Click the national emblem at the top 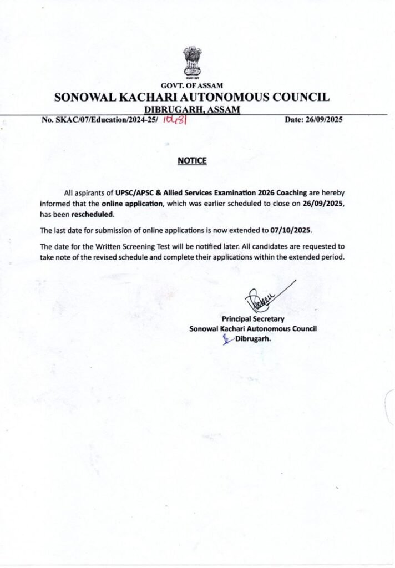(192, 62)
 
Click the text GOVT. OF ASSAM (192, 85)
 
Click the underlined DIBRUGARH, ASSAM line (192, 109)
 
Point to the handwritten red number (174, 119)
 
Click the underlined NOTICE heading (192, 161)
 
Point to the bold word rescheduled (93, 214)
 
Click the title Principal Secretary (253, 319)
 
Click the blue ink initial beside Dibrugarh (226, 339)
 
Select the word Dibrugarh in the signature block (253, 339)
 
